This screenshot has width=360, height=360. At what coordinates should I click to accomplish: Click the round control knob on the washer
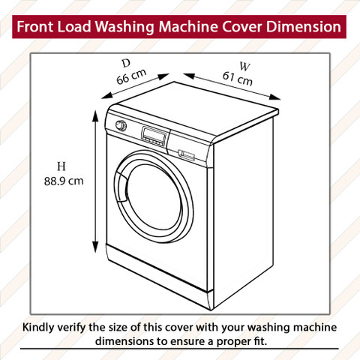point(121,125)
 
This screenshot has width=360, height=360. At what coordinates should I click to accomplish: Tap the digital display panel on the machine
point(154,136)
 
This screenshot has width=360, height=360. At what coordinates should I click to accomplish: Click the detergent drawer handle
point(186,155)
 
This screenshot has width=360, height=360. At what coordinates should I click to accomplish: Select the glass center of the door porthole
point(154,197)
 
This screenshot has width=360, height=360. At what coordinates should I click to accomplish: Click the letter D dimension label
point(126,64)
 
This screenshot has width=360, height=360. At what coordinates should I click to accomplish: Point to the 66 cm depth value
point(131,76)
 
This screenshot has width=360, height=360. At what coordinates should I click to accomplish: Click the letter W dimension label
point(244,67)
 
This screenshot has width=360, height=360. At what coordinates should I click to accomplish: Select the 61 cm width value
point(238,79)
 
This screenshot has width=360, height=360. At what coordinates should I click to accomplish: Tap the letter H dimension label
point(61,166)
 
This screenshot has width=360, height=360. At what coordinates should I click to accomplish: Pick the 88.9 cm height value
point(64,181)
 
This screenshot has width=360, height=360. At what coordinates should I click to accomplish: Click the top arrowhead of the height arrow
point(95,115)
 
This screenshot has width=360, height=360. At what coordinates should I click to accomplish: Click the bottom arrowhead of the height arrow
point(95,247)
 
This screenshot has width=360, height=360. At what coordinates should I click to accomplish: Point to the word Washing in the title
point(124,27)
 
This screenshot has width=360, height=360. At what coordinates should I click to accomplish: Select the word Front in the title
point(35,26)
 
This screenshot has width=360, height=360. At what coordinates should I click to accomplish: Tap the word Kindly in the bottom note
point(38,328)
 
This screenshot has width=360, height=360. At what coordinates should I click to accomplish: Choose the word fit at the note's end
point(260,341)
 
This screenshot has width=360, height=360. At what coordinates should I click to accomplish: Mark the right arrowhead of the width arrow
point(275,97)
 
